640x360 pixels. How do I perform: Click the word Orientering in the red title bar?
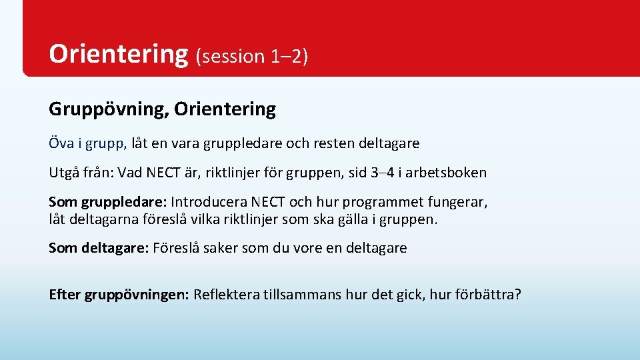click(x=119, y=54)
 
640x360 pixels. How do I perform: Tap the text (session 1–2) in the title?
click(x=251, y=57)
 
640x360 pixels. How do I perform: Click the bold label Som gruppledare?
click(x=108, y=202)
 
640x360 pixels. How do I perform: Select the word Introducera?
click(x=213, y=202)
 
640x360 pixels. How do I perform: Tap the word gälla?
click(x=347, y=219)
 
